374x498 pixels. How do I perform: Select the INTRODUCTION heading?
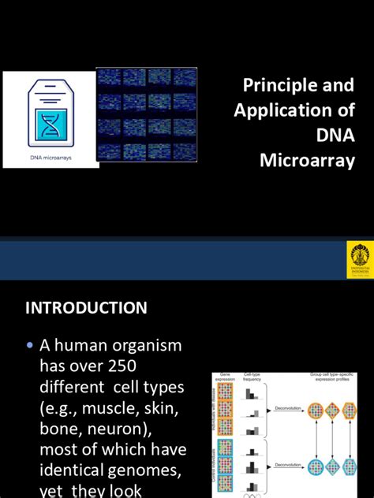tap(87, 308)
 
